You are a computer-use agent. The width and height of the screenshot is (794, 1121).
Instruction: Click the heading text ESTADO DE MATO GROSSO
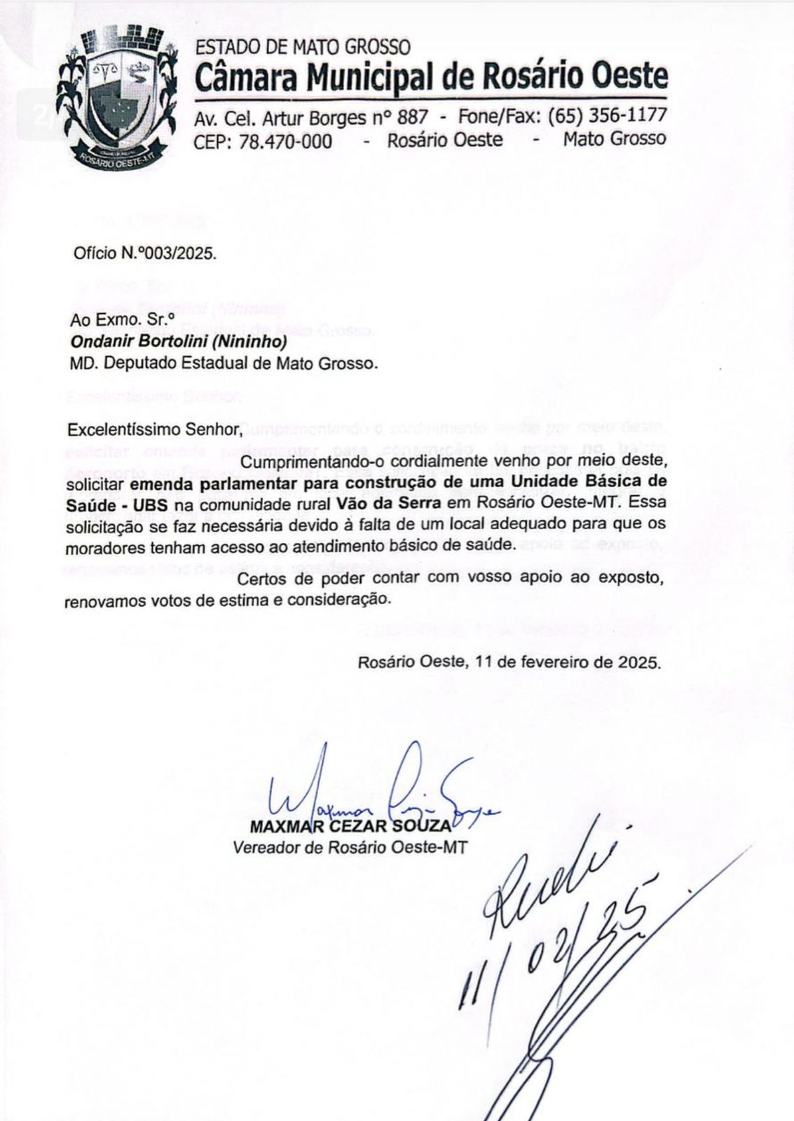coord(302,48)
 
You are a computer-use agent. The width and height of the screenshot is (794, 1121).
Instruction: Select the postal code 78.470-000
coord(285,141)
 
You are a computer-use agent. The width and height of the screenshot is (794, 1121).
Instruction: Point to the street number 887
coord(412,116)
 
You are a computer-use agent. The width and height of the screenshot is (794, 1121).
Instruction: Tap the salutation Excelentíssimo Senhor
coord(144,429)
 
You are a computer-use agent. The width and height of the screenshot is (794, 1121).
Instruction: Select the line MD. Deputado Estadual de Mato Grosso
coord(223,364)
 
